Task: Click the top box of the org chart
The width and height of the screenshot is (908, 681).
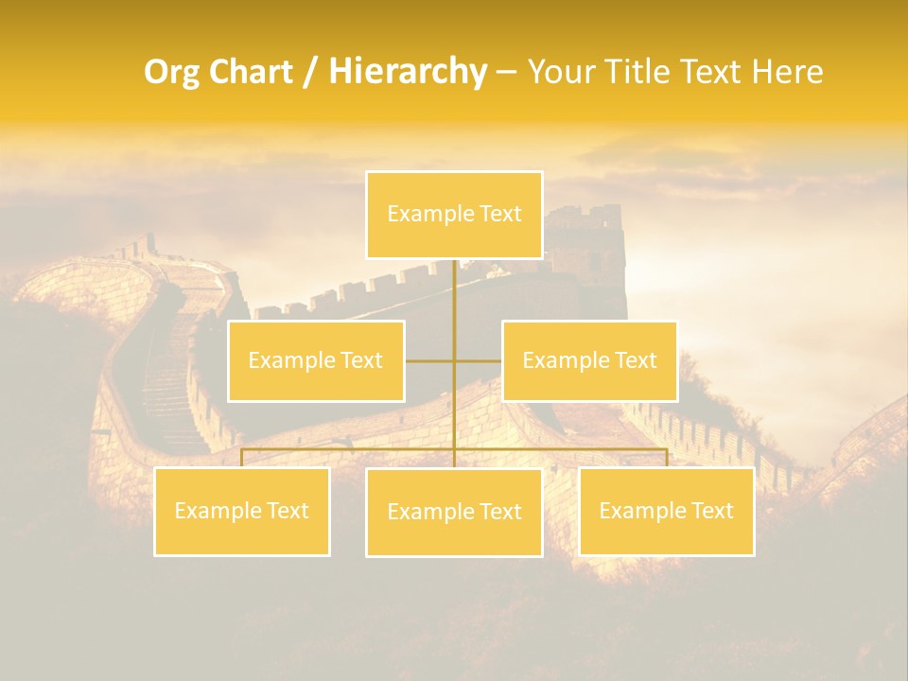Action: pos(454,215)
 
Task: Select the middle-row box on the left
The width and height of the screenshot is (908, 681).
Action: pos(316,360)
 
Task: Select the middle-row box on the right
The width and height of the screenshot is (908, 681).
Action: pos(589,360)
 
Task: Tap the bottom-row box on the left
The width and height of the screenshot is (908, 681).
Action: pos(241,511)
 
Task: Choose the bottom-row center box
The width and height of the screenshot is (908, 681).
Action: pos(454,512)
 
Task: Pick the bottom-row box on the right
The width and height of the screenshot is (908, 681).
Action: pos(666,511)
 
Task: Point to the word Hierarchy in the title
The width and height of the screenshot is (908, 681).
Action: pos(407,72)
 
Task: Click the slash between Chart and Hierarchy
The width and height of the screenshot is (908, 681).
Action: pos(310,73)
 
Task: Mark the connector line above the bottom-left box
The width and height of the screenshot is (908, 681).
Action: pos(241,458)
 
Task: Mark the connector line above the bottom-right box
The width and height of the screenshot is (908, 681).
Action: pos(667,458)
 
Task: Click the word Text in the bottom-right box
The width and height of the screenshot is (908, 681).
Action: pos(711,511)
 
